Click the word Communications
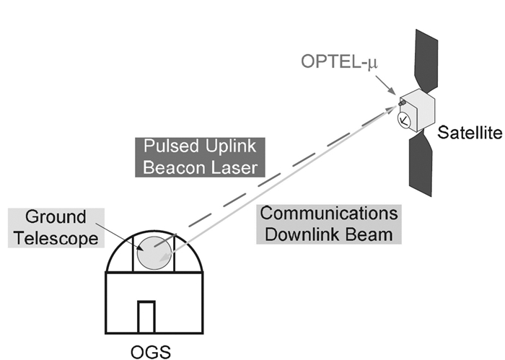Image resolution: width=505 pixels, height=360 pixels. click(x=329, y=214)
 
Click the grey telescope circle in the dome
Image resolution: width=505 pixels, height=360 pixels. click(x=154, y=252)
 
